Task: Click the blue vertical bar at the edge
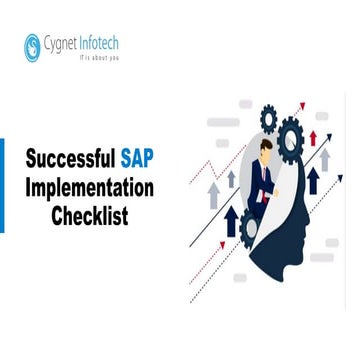(x=2, y=186)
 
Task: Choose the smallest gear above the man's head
(x=269, y=116)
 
